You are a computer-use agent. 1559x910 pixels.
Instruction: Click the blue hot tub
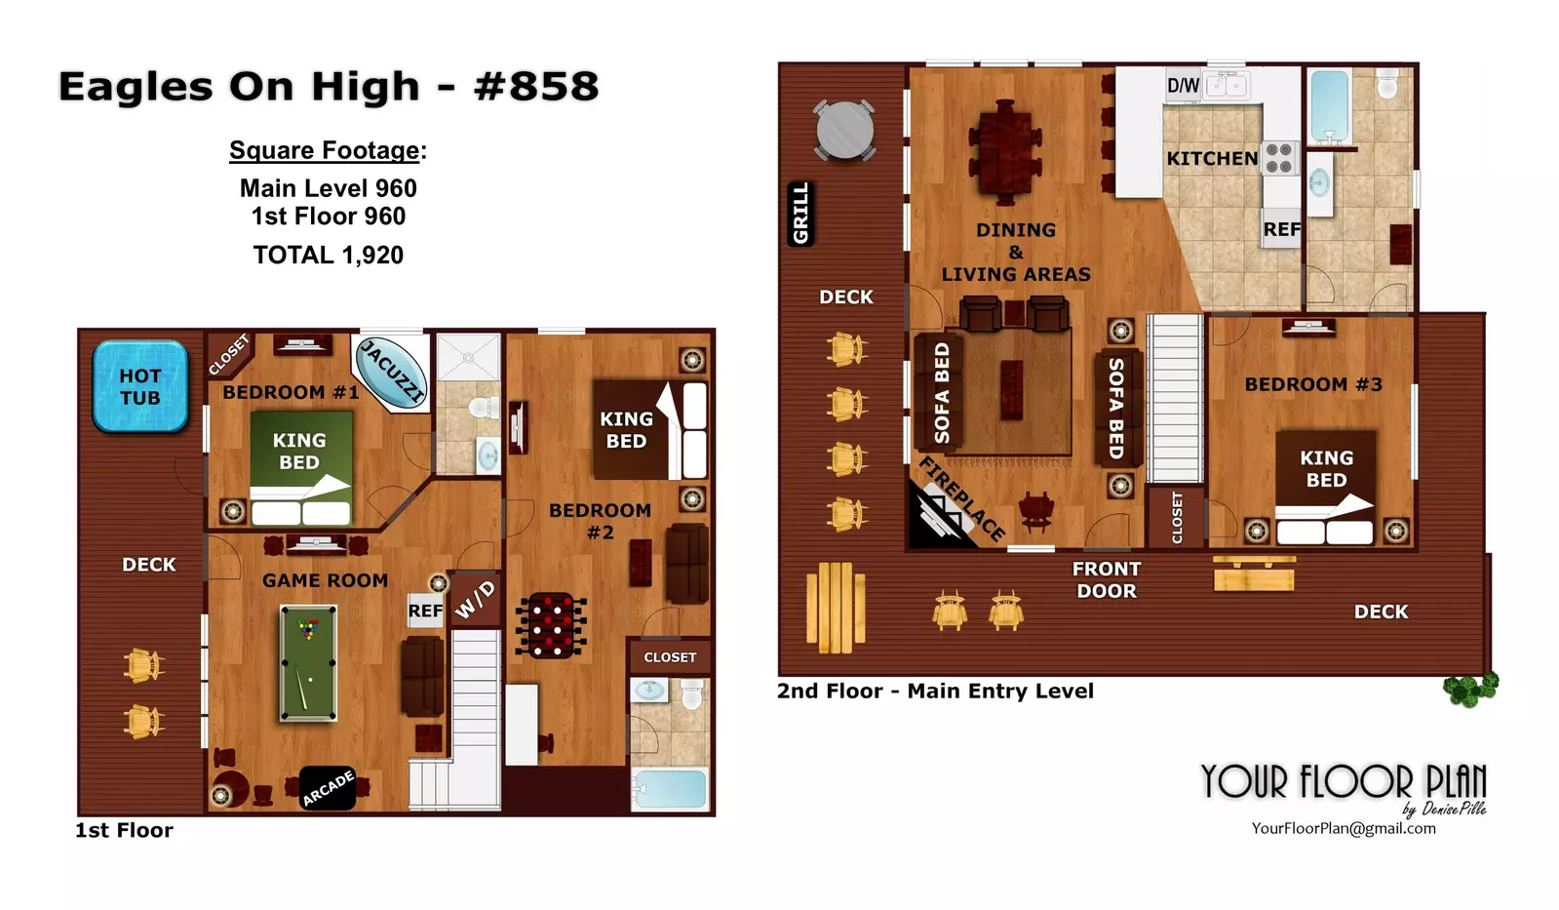(x=140, y=386)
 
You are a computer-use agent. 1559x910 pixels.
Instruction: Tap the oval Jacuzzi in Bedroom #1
(x=391, y=372)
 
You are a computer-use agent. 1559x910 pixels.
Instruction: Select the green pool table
(x=308, y=663)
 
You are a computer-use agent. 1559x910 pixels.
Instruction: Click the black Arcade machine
(x=328, y=788)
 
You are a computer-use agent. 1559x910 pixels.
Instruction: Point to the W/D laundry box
(x=476, y=600)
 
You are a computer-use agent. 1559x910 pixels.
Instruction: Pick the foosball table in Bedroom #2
(x=551, y=625)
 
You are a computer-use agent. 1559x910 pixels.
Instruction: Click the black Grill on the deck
(x=801, y=214)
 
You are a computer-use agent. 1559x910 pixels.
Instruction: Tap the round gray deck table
(x=844, y=131)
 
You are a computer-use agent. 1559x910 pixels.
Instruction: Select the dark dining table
(x=1005, y=152)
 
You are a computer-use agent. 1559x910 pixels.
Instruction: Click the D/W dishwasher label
(x=1184, y=86)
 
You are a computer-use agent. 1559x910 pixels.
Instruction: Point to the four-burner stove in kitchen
(x=1279, y=158)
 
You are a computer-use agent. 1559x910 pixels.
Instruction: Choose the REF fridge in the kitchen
(x=1281, y=228)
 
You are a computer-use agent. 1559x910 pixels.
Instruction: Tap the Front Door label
(x=1107, y=580)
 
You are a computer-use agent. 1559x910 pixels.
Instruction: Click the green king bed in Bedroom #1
(x=300, y=468)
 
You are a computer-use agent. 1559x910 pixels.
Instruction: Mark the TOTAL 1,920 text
(x=328, y=256)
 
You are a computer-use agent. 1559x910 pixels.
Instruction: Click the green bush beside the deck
(x=1470, y=689)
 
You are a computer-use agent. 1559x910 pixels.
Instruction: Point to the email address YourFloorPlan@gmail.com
(x=1344, y=828)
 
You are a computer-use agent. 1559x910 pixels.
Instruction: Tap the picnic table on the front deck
(x=836, y=608)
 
